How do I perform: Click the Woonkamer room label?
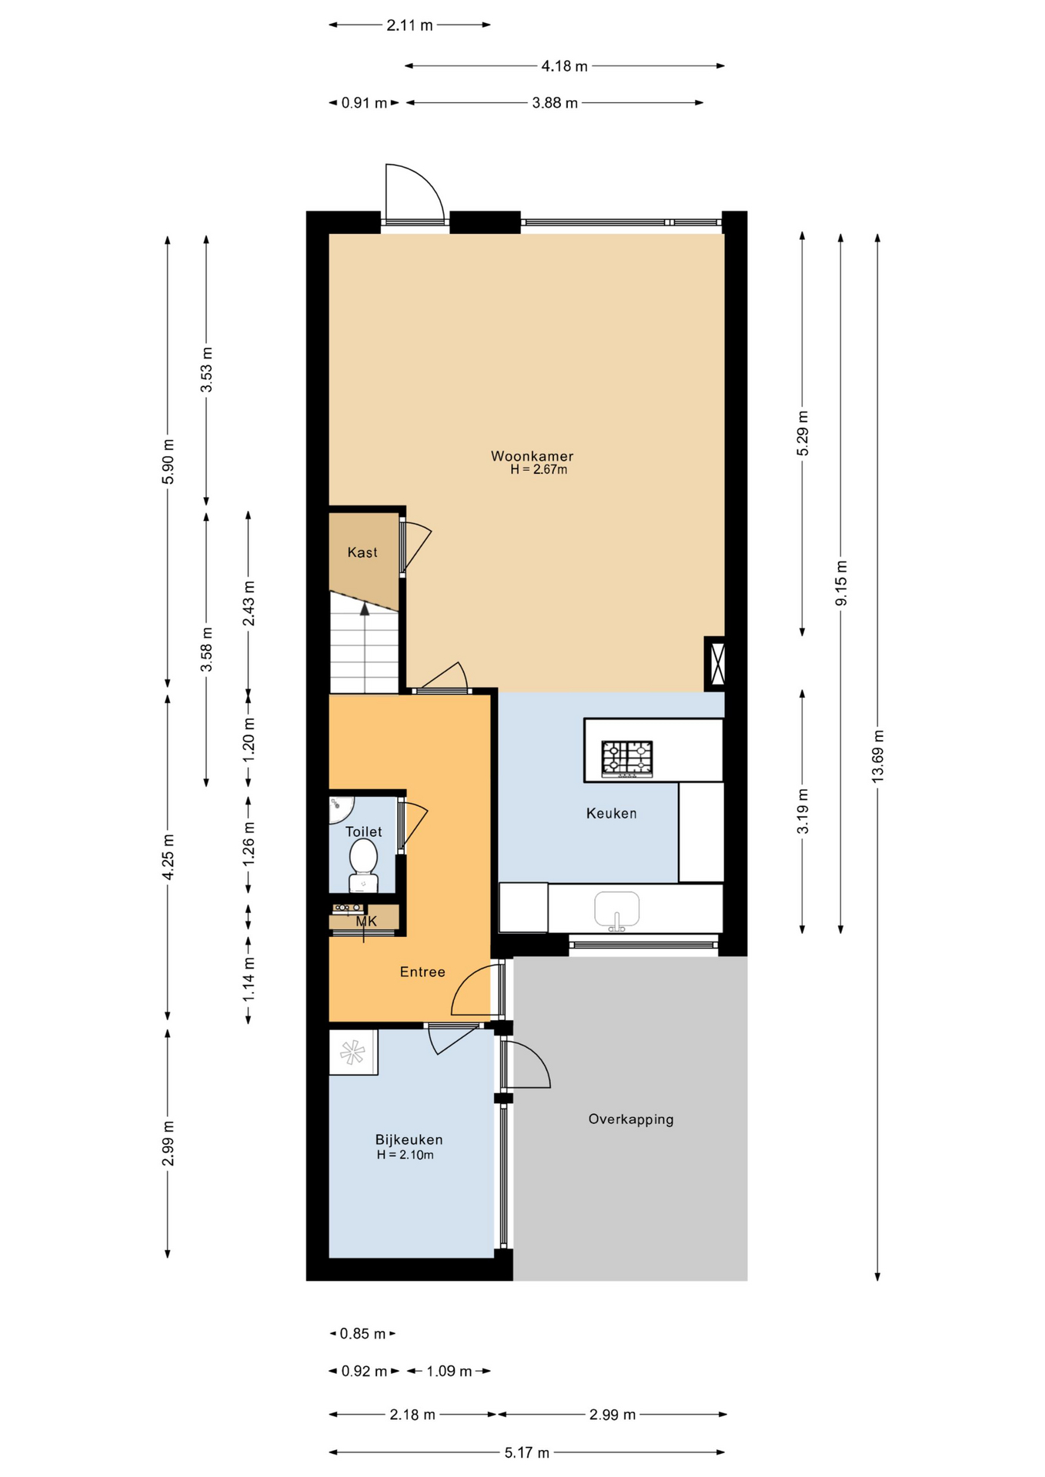pos(532,456)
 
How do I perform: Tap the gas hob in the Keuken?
pos(627,759)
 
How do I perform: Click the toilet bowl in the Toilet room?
pos(363,865)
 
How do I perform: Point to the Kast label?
pos(362,552)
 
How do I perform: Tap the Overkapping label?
pos(631,1119)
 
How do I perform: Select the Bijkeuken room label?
pos(409,1140)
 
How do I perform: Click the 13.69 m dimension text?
pos(878,756)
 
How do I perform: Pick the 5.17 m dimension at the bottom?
pos(527,1453)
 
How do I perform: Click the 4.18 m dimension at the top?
pos(564,66)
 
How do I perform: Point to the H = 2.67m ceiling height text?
pos(539,470)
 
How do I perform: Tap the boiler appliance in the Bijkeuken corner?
pos(353,1052)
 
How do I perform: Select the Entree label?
pos(422,972)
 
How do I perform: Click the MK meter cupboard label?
pos(366,921)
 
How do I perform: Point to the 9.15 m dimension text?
pos(841,582)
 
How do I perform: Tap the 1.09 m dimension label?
pos(449,1372)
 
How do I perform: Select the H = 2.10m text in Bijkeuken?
pos(406,1155)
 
